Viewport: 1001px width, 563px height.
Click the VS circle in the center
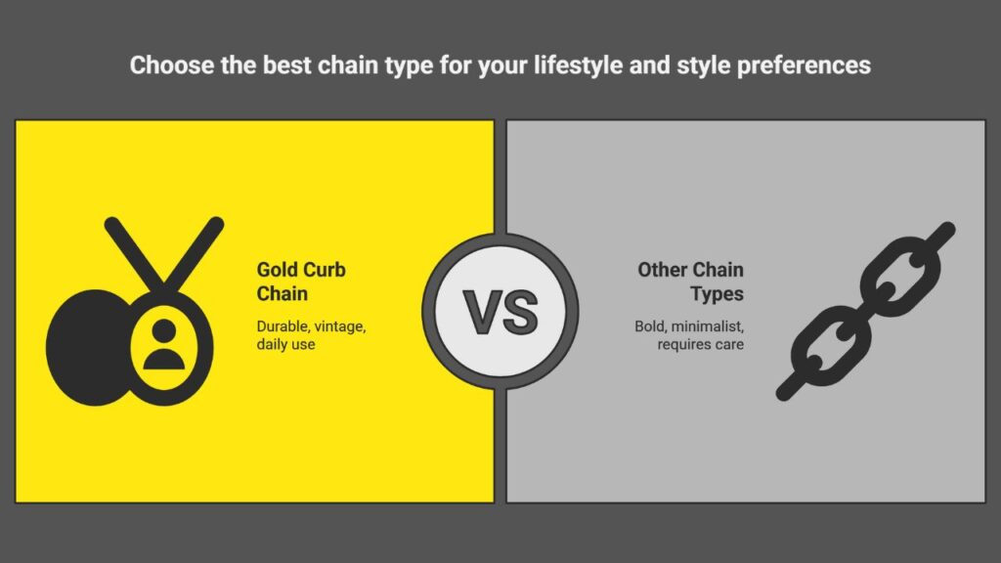500,312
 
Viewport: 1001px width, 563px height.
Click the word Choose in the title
172,65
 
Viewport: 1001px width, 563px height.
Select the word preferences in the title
804,66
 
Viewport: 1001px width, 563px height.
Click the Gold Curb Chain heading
301,281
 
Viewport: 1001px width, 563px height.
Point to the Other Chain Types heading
691,281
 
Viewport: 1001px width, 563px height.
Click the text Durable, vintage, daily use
311,335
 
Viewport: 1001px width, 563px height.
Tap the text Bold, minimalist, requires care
689,335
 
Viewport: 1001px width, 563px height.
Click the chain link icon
866,311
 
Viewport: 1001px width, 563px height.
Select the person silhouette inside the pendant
164,345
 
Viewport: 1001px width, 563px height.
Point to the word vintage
340,326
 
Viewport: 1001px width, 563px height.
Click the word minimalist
708,326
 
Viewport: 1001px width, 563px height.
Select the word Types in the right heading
717,294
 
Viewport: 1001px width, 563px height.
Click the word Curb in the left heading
324,270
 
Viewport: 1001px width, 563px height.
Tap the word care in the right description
729,345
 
